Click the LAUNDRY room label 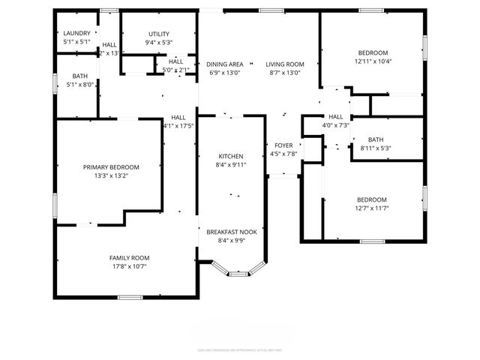tap(76, 33)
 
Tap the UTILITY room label tap(158, 34)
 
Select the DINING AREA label tap(224, 64)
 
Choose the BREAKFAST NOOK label tap(232, 232)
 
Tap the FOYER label tap(283, 145)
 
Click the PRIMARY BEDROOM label tap(111, 167)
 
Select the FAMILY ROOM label tap(130, 258)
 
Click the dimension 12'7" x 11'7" tap(371, 208)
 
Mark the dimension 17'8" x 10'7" tap(130, 267)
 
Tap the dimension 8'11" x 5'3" tap(375, 148)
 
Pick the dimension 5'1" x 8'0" tap(79, 85)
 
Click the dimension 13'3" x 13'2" tap(111, 176)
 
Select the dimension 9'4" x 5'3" tap(158, 43)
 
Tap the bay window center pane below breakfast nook tap(238, 274)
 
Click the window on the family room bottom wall tap(130, 298)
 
